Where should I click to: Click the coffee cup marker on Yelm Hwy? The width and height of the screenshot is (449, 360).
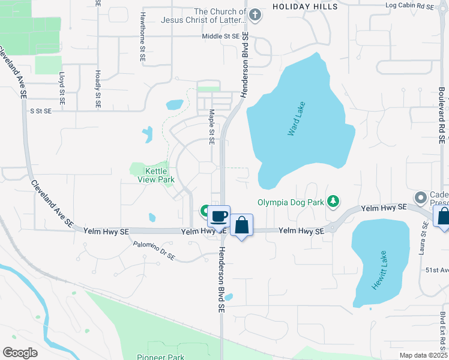(x=219, y=215)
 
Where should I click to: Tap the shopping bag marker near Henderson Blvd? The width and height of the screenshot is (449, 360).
(x=241, y=226)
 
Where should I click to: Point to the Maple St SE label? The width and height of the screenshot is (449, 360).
(x=211, y=127)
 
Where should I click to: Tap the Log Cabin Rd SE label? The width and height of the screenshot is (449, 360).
(x=409, y=5)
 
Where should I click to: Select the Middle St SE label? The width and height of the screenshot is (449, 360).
(x=221, y=36)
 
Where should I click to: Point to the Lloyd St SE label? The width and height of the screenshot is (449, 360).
(x=61, y=84)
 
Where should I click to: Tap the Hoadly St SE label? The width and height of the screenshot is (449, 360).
(x=97, y=83)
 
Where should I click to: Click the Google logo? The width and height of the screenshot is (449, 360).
(x=20, y=352)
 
